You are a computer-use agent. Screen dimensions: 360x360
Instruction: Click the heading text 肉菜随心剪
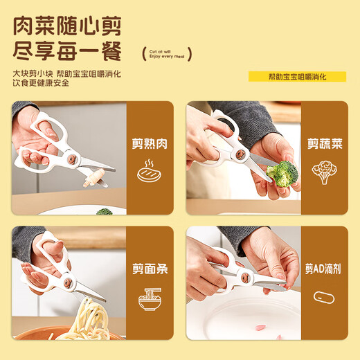coord(66,27)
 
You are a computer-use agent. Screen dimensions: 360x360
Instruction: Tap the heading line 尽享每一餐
coord(66,53)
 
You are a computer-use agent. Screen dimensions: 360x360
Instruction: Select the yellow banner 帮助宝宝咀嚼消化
coord(297,77)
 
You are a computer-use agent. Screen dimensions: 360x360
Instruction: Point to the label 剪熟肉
coord(150,145)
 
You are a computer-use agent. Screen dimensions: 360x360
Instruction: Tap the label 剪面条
coord(150,269)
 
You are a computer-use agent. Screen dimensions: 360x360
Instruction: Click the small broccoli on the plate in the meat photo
coord(104,211)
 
